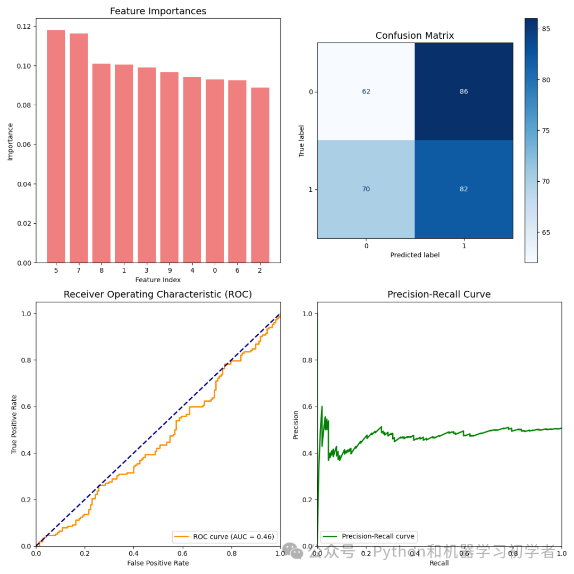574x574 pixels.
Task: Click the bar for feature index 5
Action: pos(56,146)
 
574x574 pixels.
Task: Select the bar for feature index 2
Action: pos(260,175)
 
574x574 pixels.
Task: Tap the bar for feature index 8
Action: pos(101,163)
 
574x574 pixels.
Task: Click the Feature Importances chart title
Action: pos(158,11)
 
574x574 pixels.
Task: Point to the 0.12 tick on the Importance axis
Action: pos(24,27)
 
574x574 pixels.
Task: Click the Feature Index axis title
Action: pos(158,280)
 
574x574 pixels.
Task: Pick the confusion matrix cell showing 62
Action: pos(366,91)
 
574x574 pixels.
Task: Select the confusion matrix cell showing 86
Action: pos(464,91)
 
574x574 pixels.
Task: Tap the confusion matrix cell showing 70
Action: pos(366,189)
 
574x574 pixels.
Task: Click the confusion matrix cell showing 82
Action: pos(464,189)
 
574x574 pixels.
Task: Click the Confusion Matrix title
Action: pos(415,36)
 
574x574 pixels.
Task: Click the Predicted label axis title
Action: pos(415,255)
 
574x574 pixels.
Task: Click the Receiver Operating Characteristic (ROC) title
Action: pos(158,294)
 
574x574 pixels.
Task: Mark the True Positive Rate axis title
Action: pos(14,424)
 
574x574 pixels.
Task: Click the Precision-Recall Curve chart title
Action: pos(439,294)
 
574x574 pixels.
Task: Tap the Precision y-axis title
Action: pos(296,424)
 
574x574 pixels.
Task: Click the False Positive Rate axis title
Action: pos(158,563)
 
